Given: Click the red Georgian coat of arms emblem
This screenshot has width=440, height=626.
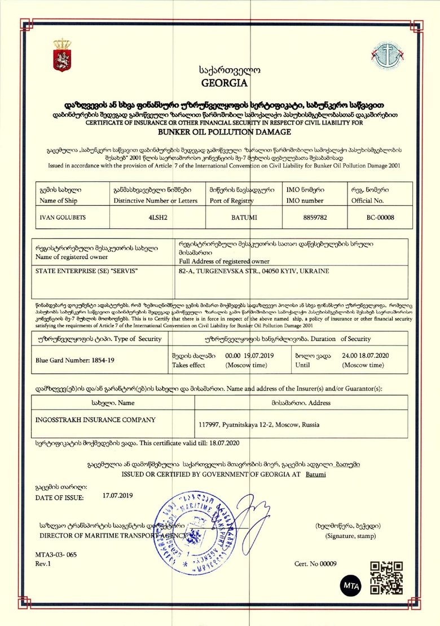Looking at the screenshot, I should coord(61,55).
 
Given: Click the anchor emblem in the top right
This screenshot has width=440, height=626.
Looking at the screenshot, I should coord(386,55).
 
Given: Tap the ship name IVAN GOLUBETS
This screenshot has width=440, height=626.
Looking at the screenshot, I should coord(59,216).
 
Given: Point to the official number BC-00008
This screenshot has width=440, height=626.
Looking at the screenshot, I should coord(380,216).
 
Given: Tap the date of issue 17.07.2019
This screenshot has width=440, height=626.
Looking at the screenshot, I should coord(117,495).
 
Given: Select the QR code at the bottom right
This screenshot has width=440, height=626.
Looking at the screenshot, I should coord(386,578).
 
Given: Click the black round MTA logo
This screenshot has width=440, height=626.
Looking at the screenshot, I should coord(349,585).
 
